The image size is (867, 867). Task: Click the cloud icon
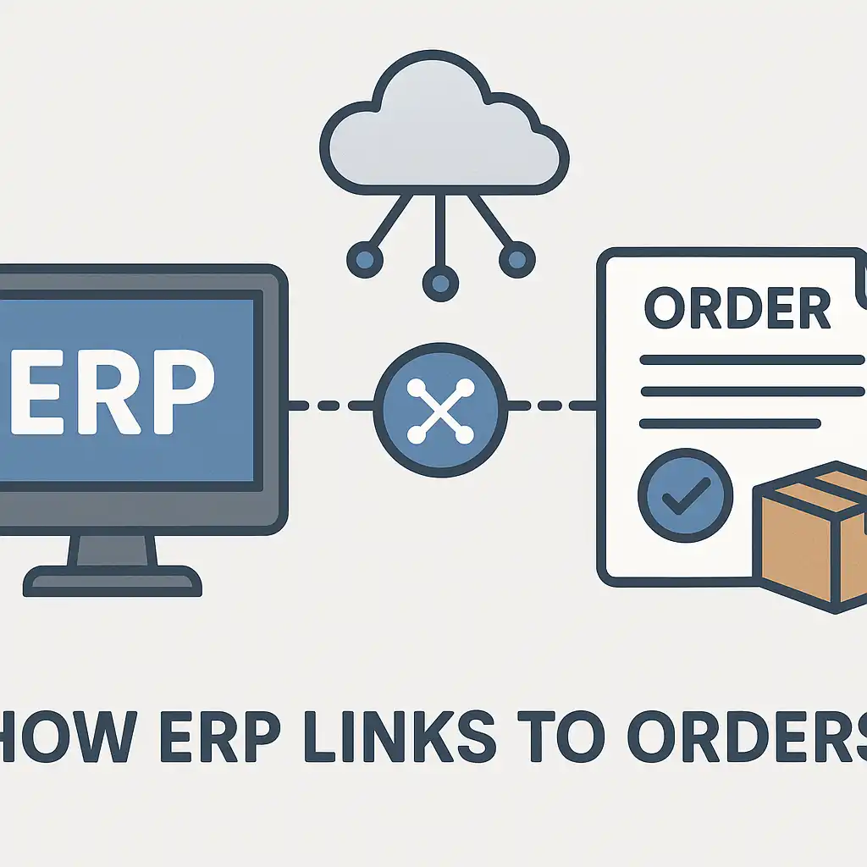pyautogui.click(x=444, y=124)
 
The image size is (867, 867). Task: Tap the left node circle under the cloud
pyautogui.click(x=365, y=259)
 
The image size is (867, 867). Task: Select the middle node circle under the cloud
pyautogui.click(x=440, y=284)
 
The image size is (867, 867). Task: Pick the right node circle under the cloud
pyautogui.click(x=517, y=259)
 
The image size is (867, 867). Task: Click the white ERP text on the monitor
pyautogui.click(x=111, y=391)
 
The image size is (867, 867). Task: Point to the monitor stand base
pyautogui.click(x=113, y=581)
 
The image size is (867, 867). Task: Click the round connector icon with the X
pyautogui.click(x=440, y=410)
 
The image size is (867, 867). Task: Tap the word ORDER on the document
pyautogui.click(x=737, y=308)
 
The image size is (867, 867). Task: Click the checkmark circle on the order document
pyautogui.click(x=686, y=495)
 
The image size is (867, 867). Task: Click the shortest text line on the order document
pyautogui.click(x=730, y=424)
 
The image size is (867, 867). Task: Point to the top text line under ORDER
pyautogui.click(x=752, y=361)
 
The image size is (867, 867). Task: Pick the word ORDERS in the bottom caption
pyautogui.click(x=747, y=737)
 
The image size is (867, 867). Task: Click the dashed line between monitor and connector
pyautogui.click(x=331, y=406)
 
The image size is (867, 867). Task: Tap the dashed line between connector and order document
pyautogui.click(x=552, y=406)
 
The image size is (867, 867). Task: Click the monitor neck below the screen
pyautogui.click(x=113, y=550)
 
